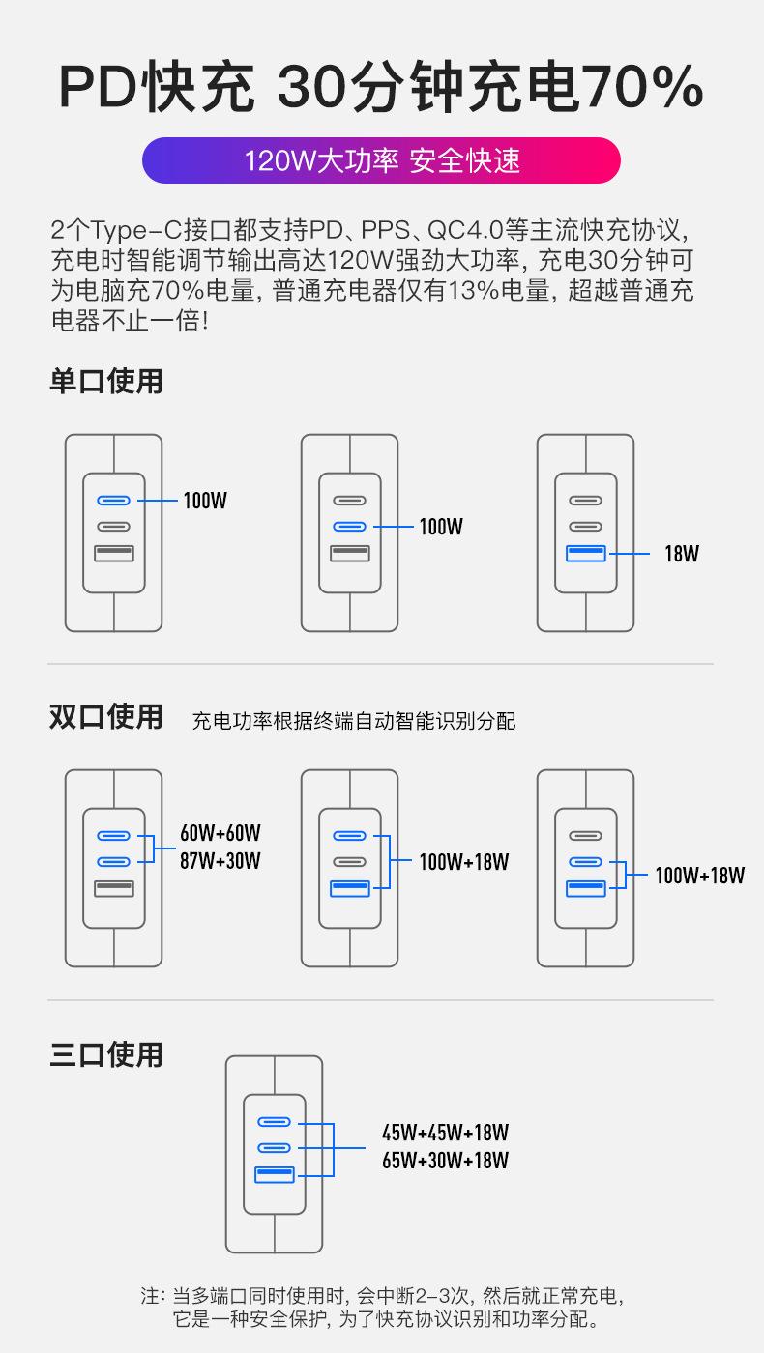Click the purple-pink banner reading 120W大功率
[381, 160]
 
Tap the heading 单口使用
[106, 381]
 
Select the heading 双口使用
[106, 717]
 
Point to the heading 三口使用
[106, 1054]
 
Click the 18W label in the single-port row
[681, 554]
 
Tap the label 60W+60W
[220, 833]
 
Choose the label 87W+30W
[220, 861]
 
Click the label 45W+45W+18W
[445, 1132]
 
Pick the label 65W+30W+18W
[445, 1161]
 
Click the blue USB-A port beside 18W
[586, 554]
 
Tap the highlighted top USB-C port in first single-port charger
[114, 501]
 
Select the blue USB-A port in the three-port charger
[275, 1175]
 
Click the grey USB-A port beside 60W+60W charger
[114, 889]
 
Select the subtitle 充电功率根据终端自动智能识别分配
[354, 721]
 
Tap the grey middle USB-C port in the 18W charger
[586, 527]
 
